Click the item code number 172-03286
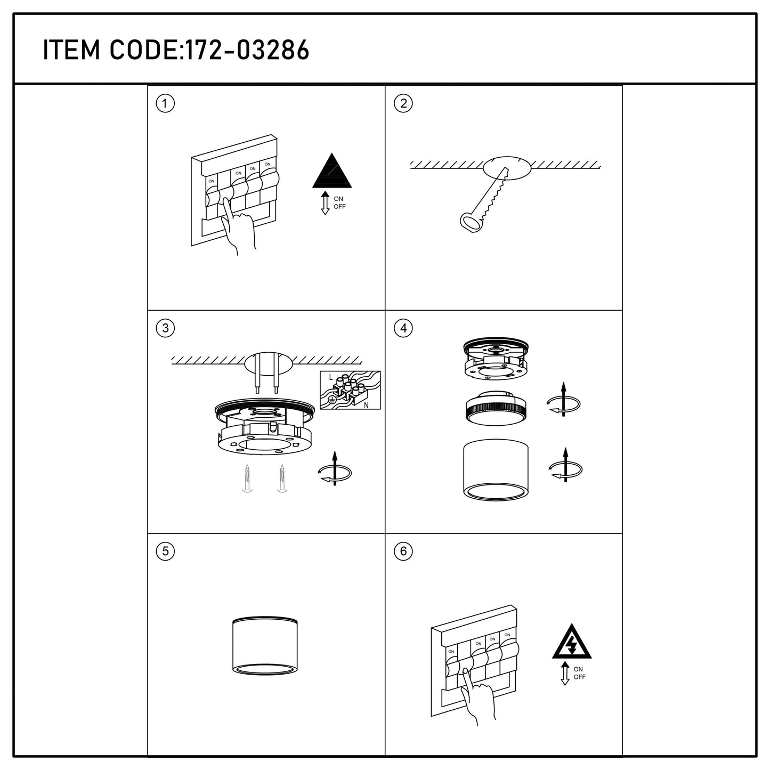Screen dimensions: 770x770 point(248,50)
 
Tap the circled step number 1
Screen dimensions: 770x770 point(165,103)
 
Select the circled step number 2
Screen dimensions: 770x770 point(403,103)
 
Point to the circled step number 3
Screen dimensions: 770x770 point(165,328)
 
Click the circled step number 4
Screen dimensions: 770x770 point(403,328)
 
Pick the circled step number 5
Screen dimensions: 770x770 point(165,551)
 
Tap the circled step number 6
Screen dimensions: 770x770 point(403,551)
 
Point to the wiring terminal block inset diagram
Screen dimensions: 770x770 point(350,390)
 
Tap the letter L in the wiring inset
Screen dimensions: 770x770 point(330,377)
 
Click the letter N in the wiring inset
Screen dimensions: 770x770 point(366,405)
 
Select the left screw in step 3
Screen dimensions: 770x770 point(247,478)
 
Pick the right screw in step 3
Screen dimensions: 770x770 point(282,478)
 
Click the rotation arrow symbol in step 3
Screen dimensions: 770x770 point(335,469)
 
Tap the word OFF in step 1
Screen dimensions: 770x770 point(339,207)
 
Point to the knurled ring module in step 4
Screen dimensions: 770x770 point(496,408)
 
